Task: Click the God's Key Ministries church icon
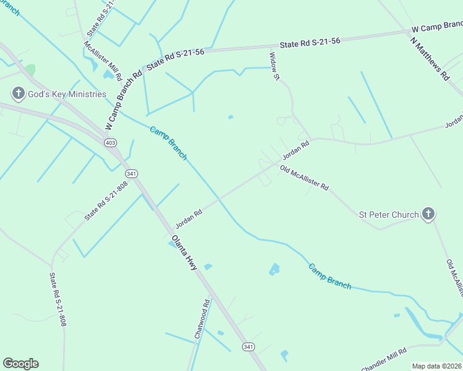point(19,94)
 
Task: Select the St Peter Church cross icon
point(428,215)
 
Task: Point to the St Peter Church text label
point(389,215)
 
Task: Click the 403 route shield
point(110,143)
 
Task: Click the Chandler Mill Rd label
point(384,359)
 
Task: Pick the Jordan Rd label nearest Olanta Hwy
point(189,218)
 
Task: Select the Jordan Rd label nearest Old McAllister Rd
point(296,150)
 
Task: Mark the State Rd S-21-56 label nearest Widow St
point(310,44)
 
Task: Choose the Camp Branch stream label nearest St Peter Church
point(330,276)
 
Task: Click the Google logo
point(20,364)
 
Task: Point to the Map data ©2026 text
point(437,366)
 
